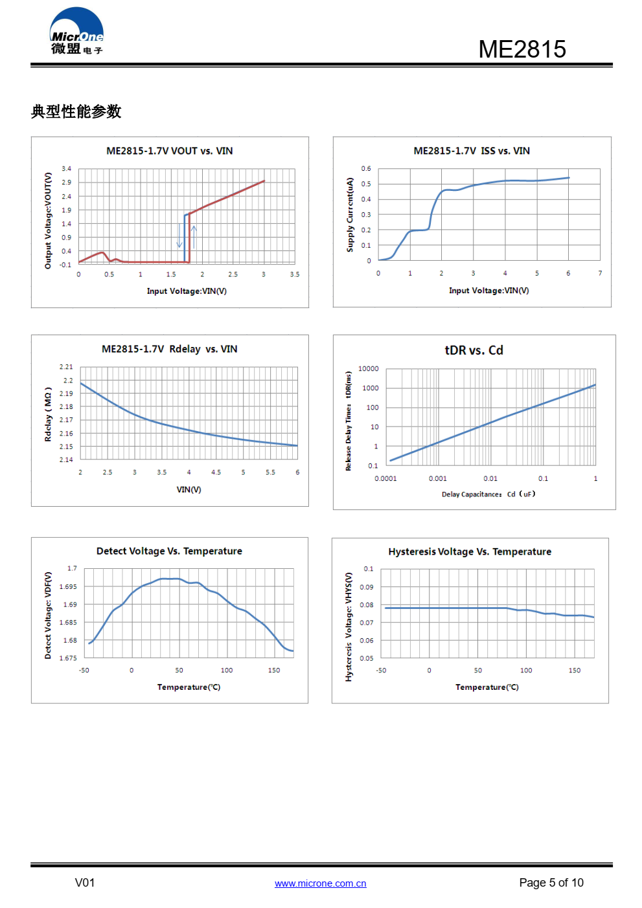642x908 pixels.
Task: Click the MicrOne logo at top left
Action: (x=76, y=32)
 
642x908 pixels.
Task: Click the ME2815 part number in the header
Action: (x=522, y=49)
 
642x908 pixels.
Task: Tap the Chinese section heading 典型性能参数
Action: (x=76, y=111)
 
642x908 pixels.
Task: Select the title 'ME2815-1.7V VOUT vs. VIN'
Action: (x=170, y=151)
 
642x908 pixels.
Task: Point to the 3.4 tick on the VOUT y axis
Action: (x=67, y=169)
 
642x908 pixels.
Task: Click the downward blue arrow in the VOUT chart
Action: (x=179, y=236)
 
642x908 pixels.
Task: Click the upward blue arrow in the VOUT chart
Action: (x=194, y=236)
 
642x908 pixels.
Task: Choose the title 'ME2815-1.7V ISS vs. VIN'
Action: (x=472, y=151)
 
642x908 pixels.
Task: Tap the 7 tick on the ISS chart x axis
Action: (x=600, y=273)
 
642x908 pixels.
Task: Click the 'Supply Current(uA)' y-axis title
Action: (x=350, y=214)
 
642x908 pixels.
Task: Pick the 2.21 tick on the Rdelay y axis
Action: (x=66, y=367)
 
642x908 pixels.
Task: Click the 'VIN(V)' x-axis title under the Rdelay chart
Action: (x=189, y=489)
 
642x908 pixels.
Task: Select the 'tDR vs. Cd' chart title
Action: (x=474, y=350)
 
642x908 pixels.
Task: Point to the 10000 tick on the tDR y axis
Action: (x=368, y=369)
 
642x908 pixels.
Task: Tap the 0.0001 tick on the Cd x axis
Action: (x=385, y=479)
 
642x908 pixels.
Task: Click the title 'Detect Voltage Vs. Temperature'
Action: (x=169, y=551)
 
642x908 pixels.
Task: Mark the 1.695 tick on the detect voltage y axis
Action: (x=68, y=586)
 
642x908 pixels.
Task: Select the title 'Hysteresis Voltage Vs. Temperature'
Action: (x=470, y=551)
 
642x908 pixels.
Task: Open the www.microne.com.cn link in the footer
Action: (x=320, y=883)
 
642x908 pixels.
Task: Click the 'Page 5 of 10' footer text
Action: (x=551, y=883)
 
